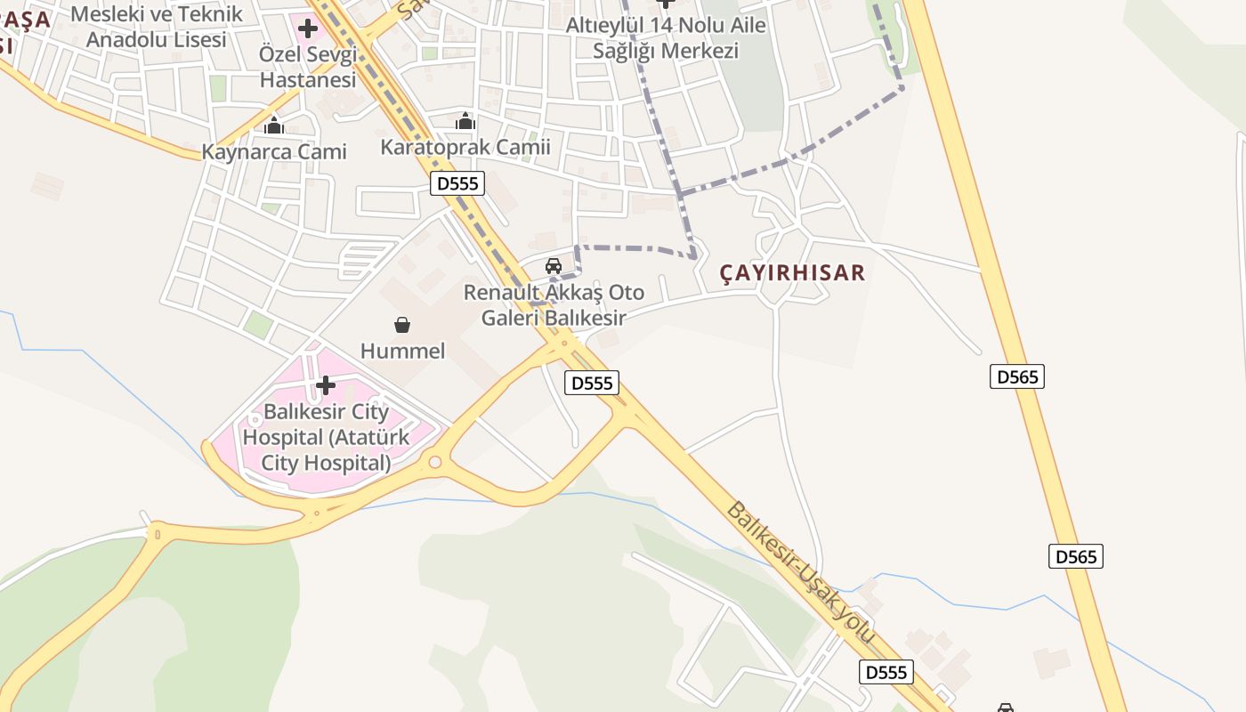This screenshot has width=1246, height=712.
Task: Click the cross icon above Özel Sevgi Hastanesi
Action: [x=308, y=28]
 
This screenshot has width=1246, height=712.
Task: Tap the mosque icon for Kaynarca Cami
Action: [x=274, y=126]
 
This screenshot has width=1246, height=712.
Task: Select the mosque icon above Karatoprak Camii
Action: [x=465, y=122]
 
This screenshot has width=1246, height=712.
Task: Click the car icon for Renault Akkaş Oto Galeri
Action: [x=554, y=266]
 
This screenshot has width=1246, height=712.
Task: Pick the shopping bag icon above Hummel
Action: [x=402, y=326]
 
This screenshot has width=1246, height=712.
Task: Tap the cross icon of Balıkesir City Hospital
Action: [x=326, y=385]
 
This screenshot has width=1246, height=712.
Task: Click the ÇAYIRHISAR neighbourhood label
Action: [x=792, y=272]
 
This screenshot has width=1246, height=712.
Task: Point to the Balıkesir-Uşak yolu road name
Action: [x=801, y=574]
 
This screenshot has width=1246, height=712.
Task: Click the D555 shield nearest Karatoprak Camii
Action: [x=458, y=184]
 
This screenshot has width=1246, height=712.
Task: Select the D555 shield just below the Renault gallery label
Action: [x=592, y=383]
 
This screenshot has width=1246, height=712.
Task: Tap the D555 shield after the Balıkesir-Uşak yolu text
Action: [x=886, y=672]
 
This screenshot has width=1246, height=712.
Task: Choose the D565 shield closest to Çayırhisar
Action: [x=1016, y=376]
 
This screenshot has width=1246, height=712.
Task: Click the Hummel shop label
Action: [x=402, y=351]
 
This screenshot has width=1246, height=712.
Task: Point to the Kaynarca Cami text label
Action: [x=274, y=151]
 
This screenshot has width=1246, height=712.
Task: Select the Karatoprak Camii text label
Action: [x=465, y=147]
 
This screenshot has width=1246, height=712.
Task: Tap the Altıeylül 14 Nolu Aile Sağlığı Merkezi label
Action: [x=666, y=37]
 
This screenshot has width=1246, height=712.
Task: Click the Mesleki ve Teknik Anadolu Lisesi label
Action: [x=157, y=27]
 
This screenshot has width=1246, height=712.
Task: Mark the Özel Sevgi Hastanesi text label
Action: [x=308, y=67]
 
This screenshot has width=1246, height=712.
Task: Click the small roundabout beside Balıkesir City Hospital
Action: [x=434, y=462]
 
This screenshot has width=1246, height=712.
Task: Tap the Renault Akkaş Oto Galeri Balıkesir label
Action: [x=554, y=304]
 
